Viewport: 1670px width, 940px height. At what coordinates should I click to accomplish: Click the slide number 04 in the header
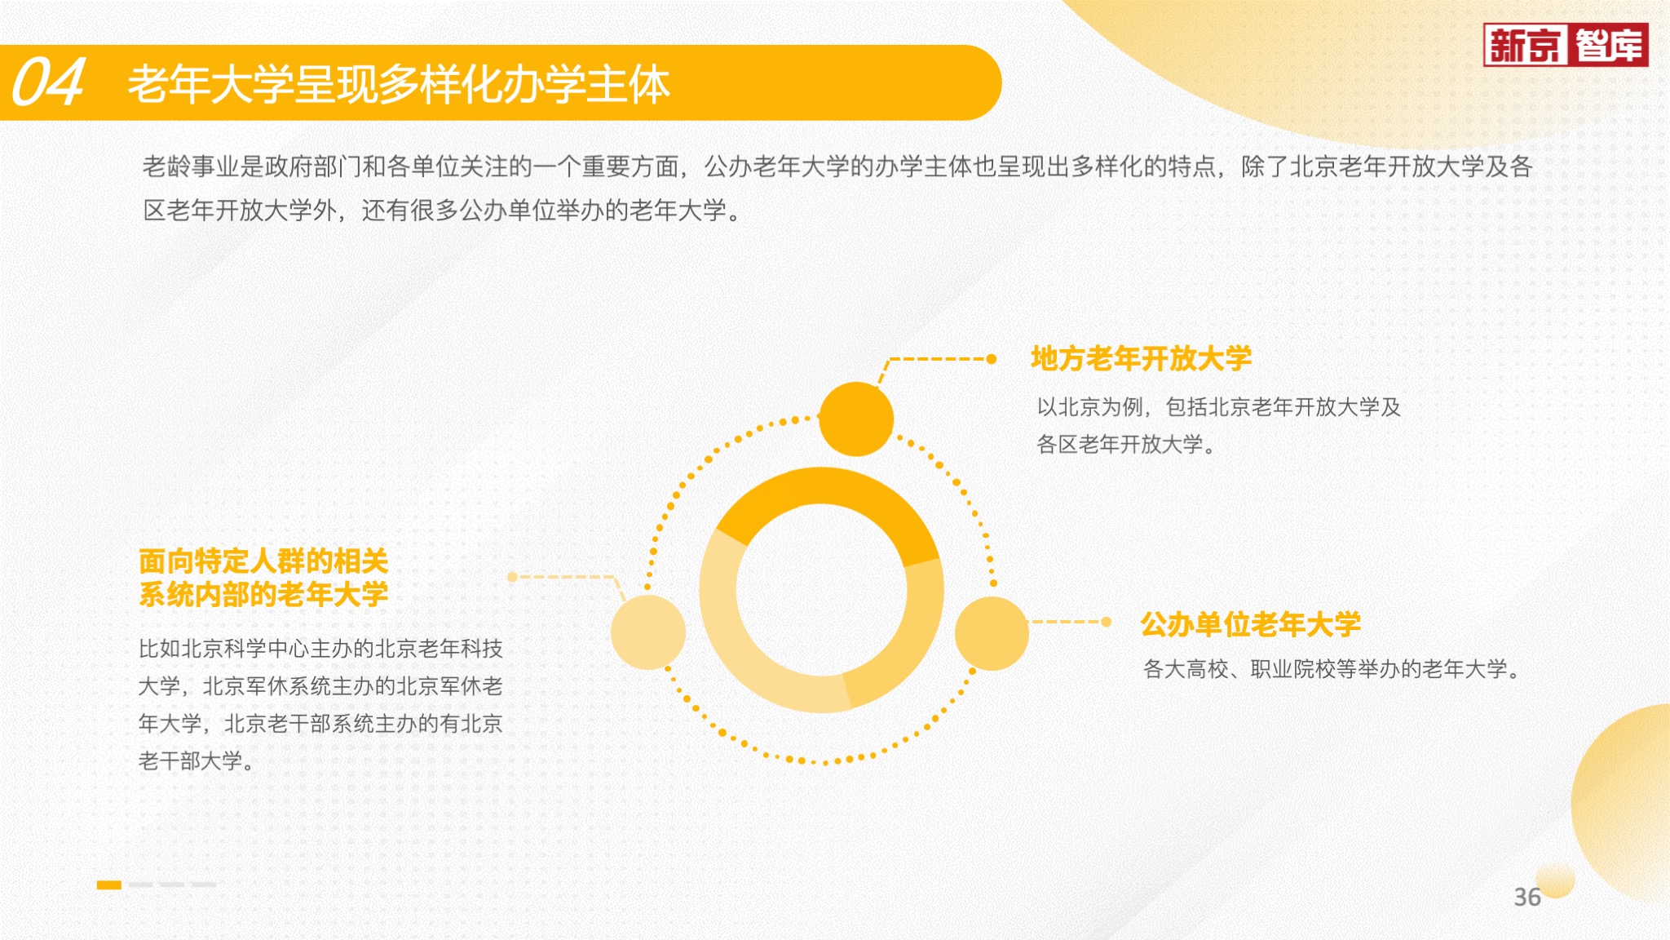pos(48,82)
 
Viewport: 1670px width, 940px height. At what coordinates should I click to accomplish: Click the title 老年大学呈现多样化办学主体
pos(399,83)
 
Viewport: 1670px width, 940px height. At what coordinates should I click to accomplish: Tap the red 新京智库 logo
pos(1566,45)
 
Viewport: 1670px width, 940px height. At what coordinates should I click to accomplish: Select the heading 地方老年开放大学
pos(1141,358)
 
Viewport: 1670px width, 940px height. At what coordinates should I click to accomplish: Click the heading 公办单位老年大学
pos(1250,624)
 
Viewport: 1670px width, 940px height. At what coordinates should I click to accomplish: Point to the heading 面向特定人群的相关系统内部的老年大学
pos(263,578)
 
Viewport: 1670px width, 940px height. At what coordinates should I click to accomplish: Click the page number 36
pos(1527,897)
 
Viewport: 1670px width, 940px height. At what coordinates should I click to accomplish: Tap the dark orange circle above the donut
pos(856,419)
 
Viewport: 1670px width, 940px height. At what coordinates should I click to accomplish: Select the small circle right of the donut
pos(992,633)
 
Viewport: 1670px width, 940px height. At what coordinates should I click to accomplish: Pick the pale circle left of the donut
pos(648,632)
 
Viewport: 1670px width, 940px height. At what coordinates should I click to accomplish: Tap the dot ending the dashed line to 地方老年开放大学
pos(992,359)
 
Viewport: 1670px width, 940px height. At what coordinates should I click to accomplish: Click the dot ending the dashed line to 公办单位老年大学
pos(1107,622)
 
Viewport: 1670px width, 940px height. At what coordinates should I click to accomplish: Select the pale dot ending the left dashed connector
pos(512,577)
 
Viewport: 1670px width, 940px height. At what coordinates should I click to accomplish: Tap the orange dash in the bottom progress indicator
pos(109,885)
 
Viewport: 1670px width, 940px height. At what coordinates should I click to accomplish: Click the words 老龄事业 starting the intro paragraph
pos(191,166)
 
